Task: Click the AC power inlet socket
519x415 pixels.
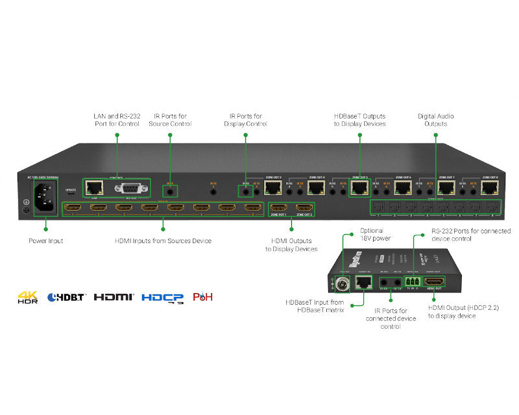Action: click(x=45, y=195)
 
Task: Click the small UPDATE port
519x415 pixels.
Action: click(x=71, y=193)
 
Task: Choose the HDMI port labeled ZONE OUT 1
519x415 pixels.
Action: click(x=279, y=208)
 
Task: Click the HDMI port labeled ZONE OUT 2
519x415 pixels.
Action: click(x=304, y=208)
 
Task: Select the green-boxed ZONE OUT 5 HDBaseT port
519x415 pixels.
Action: click(x=359, y=188)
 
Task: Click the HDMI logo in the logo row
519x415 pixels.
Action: click(x=114, y=297)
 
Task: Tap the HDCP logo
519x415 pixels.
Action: click(x=162, y=298)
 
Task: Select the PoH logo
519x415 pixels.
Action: click(x=202, y=297)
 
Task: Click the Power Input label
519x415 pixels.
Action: click(x=46, y=241)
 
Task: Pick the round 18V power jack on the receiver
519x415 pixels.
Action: click(x=343, y=283)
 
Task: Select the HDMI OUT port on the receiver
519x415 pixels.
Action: click(x=435, y=282)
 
